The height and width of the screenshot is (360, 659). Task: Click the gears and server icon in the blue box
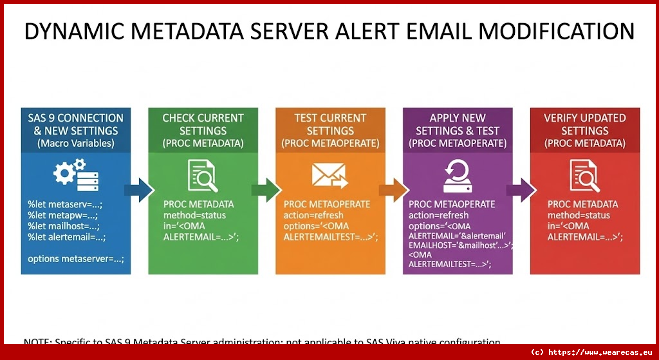point(75,176)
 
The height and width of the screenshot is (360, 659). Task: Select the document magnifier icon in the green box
point(203,176)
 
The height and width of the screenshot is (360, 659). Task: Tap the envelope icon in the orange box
point(329,176)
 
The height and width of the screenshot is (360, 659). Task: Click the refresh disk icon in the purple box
point(458,176)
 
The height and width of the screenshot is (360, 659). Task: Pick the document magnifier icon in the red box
point(584,176)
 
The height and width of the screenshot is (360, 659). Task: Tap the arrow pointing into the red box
point(521,189)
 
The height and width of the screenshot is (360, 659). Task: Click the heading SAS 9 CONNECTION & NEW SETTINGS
point(75,124)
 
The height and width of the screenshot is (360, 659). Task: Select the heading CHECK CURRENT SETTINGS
point(203,124)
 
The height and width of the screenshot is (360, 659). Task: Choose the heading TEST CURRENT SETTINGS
point(329,124)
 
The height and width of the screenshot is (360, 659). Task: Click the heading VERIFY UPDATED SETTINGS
point(584,124)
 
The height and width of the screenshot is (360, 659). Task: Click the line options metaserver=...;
point(75,259)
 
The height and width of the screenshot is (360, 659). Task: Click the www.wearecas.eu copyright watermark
point(591,352)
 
